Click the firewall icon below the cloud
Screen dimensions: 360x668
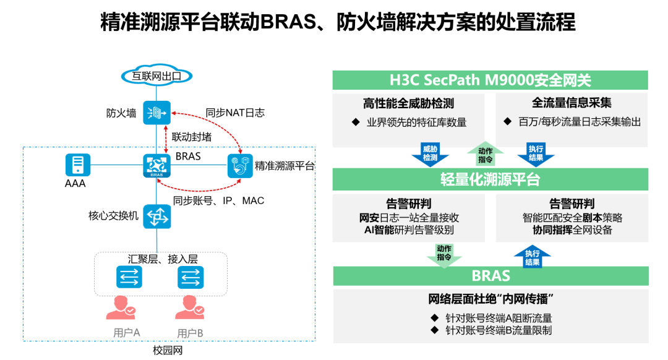pos(156,113)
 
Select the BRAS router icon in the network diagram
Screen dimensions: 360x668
pos(156,166)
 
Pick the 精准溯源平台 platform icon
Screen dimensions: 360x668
pos(240,165)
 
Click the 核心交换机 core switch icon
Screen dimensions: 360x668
pos(156,216)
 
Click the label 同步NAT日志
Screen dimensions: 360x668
pos(235,113)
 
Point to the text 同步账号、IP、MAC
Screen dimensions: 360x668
pos(218,200)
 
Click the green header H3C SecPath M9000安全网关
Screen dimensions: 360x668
pos(490,80)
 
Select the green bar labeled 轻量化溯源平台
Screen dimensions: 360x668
pos(490,179)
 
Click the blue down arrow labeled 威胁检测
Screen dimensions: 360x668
pos(430,154)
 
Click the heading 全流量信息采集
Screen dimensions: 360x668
pos(572,104)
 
